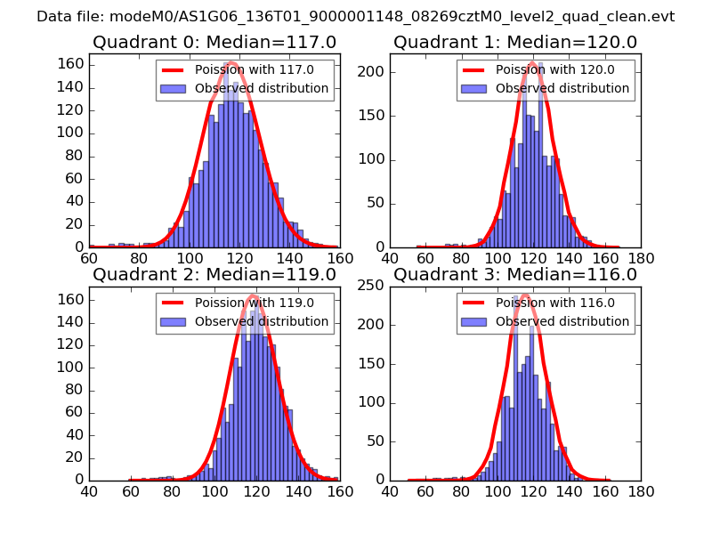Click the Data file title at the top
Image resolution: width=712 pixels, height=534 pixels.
[356, 16]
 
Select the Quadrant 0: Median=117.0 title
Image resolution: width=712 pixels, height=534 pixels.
[214, 42]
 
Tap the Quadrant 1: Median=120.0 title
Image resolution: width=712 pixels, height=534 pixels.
[515, 42]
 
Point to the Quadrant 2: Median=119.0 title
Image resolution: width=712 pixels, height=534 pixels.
[214, 274]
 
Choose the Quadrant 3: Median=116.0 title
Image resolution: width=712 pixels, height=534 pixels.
[515, 274]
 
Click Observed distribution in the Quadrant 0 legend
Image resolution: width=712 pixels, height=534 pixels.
[262, 88]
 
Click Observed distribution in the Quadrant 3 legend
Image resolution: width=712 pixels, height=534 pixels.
[562, 320]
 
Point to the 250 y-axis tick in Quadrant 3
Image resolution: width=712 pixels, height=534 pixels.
[370, 285]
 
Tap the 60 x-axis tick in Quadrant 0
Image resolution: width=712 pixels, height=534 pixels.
[89, 259]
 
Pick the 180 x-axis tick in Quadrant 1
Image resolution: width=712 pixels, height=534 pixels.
[641, 259]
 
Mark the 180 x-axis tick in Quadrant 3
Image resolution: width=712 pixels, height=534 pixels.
[641, 491]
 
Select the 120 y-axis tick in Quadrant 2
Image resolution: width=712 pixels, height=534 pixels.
[69, 344]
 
